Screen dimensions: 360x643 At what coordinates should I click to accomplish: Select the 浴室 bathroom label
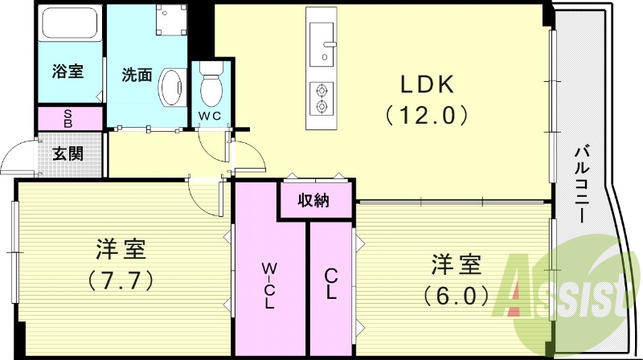click(68, 72)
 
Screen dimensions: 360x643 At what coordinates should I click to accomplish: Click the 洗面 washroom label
click(136, 76)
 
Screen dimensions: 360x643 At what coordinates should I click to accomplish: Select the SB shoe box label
click(68, 118)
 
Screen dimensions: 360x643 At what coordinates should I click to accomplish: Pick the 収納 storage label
click(315, 200)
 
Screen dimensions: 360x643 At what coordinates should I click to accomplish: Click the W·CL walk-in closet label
click(270, 285)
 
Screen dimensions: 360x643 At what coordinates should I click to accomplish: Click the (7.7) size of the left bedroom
click(121, 281)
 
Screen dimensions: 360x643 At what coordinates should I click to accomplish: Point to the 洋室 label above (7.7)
click(121, 250)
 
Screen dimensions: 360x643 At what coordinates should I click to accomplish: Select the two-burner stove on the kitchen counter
click(322, 97)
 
